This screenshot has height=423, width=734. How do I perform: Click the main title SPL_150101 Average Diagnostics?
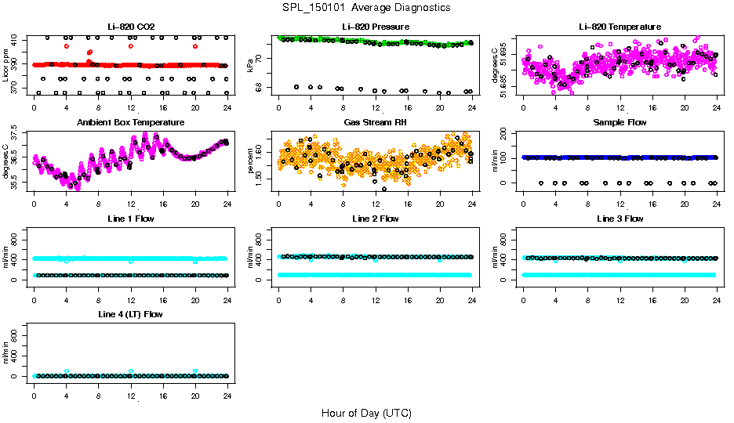[367, 7]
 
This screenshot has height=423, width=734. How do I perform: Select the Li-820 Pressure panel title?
[375, 27]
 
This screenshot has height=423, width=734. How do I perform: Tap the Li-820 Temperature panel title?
[620, 27]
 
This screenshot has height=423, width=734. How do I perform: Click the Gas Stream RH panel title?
[375, 123]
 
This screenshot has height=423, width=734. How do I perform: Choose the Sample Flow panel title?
[620, 123]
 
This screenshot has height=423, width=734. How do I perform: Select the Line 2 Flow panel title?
[375, 219]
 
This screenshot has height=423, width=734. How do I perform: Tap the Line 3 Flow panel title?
[620, 219]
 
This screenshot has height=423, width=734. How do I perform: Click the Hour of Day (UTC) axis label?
[366, 413]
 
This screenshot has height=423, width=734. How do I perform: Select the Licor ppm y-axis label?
[5, 66]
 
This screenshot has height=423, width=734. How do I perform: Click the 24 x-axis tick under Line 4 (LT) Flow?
[227, 387]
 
